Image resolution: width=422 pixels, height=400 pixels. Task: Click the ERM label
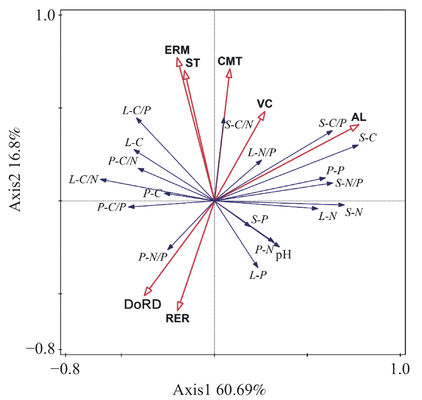pos(177,50)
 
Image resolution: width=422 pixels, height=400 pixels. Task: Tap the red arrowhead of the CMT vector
pos(229,73)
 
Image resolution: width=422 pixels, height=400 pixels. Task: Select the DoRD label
pos(143,304)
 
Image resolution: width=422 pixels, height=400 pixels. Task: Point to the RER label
pos(177,318)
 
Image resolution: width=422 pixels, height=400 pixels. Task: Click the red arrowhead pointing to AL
pos(355,127)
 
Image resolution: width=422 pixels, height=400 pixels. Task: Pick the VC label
pos(264,104)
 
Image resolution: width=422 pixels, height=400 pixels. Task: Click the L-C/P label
pos(137,110)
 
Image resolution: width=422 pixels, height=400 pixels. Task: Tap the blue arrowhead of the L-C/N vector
pos(103,180)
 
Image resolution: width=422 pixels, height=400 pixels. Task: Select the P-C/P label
pos(111,207)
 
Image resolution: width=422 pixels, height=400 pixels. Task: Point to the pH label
pos(283,254)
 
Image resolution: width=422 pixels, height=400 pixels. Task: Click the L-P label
pos(258,275)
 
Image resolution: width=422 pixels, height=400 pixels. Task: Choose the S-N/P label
pos(349,183)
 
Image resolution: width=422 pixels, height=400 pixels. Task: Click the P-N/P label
pos(153,257)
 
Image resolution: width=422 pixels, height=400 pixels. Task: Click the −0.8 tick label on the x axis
pos(65,369)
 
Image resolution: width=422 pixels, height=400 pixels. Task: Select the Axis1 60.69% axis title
pos(219,390)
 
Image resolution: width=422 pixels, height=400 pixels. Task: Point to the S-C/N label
pos(239,124)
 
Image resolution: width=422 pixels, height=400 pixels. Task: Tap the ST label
pos(193,63)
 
